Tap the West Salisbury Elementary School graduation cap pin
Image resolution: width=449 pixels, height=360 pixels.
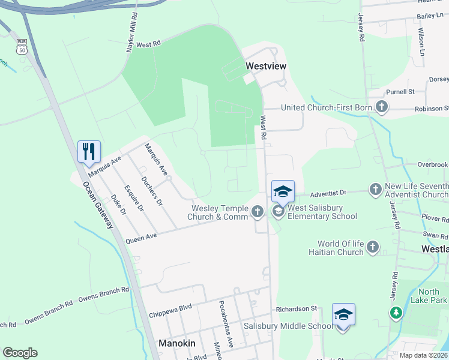(283, 192)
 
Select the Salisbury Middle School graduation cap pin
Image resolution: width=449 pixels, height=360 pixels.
(343, 315)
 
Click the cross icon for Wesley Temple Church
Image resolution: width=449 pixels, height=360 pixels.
(258, 211)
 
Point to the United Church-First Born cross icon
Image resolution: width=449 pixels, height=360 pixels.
(381, 107)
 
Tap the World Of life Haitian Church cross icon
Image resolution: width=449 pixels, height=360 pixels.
(373, 247)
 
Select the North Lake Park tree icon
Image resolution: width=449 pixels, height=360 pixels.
(396, 313)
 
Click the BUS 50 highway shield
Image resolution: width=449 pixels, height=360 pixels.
(22, 46)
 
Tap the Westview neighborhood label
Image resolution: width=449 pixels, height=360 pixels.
(266, 65)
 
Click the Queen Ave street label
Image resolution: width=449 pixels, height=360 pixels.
(141, 238)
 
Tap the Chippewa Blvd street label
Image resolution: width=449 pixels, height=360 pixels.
(170, 311)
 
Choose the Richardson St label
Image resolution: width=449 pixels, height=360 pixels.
(296, 308)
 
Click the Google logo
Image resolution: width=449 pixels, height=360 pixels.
(20, 353)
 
